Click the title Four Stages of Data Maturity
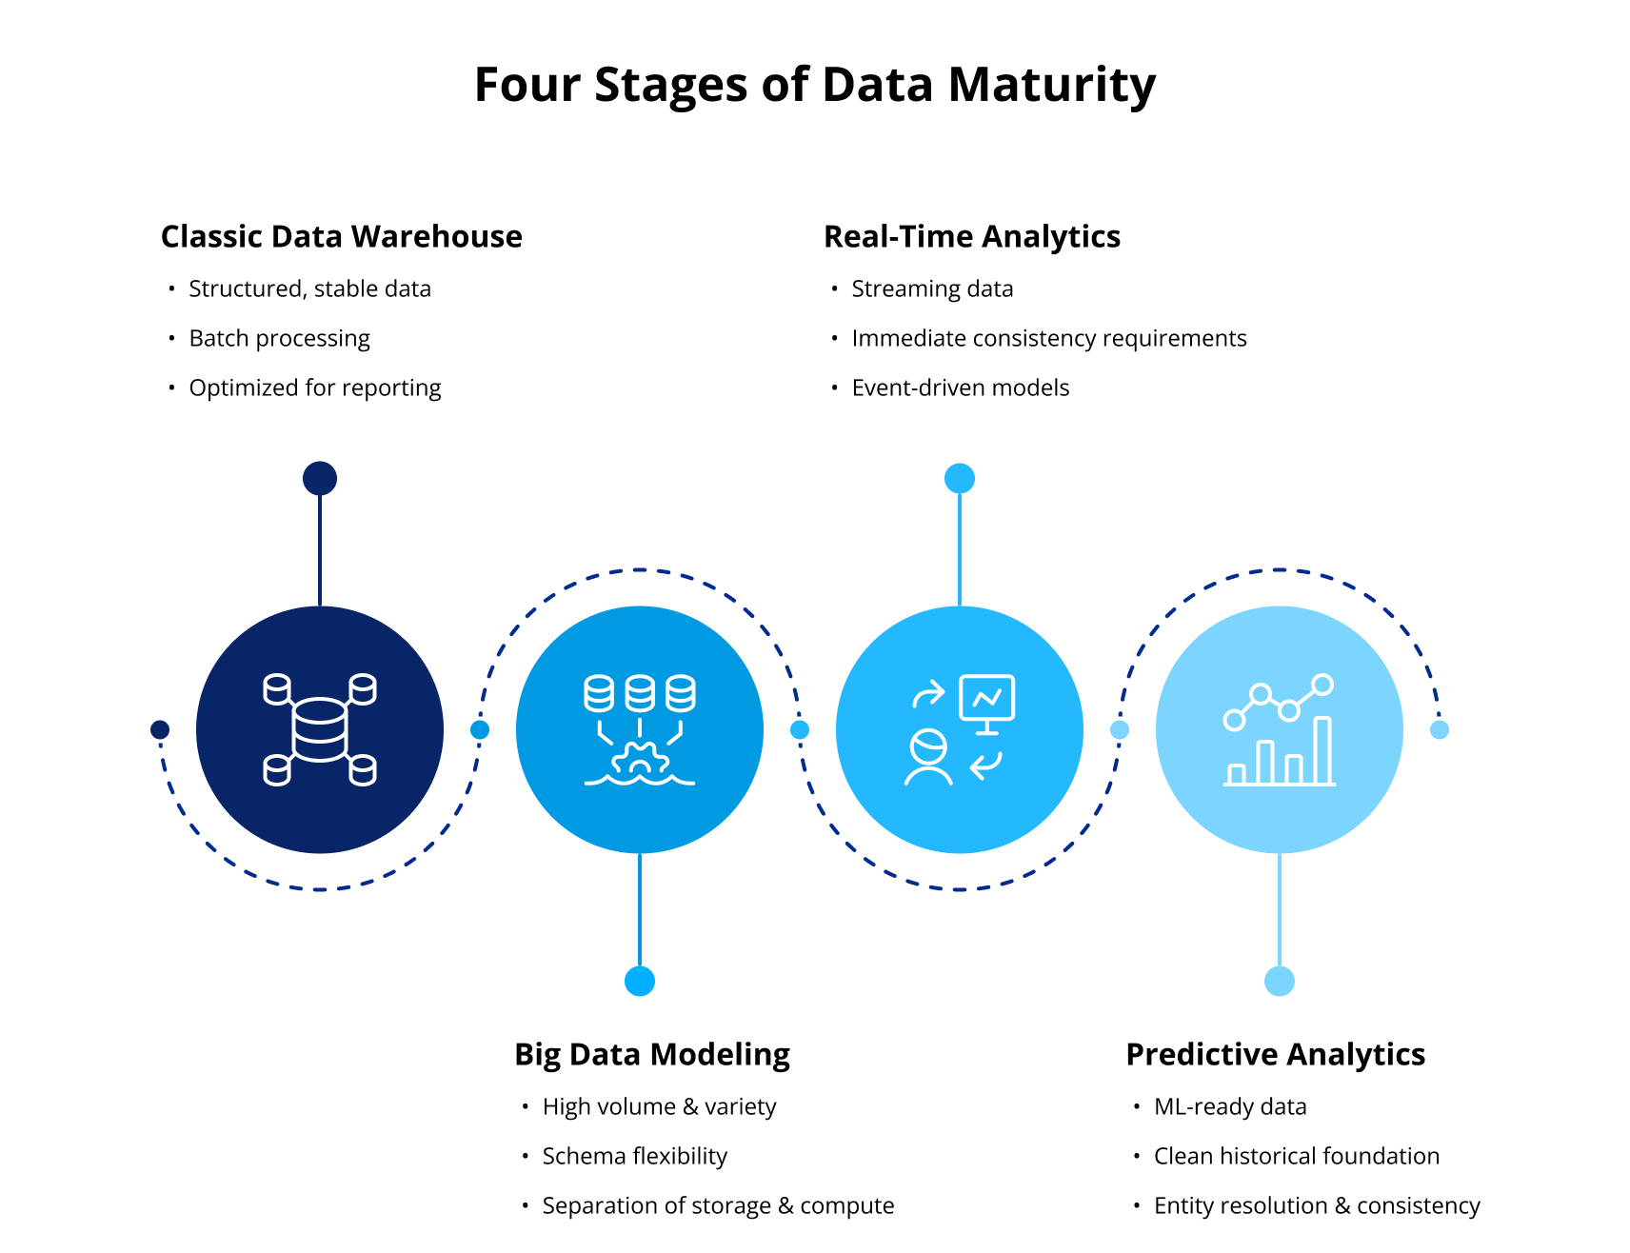815,85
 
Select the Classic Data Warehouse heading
341,236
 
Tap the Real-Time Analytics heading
971,236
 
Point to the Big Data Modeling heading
651,1054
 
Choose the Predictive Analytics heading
1275,1054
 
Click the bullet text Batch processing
279,338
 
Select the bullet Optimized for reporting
314,388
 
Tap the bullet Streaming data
931,288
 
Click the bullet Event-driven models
960,388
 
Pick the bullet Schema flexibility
634,1156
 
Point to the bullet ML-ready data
1229,1106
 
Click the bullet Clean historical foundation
1296,1156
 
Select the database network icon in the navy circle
320,729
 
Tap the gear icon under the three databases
640,760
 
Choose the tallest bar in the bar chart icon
1322,750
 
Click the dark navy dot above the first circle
320,478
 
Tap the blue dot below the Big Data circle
640,981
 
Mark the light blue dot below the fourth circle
1280,981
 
